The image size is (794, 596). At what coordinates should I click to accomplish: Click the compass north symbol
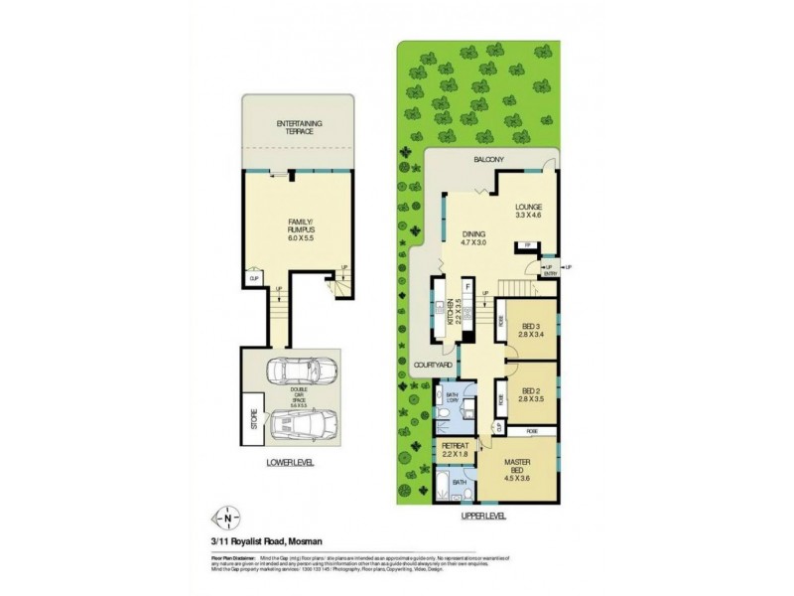tap(229, 517)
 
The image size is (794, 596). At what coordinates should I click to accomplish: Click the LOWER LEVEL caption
tap(291, 463)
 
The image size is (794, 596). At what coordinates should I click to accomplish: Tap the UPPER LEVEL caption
tap(483, 516)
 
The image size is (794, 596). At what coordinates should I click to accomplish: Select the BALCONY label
tap(489, 160)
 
